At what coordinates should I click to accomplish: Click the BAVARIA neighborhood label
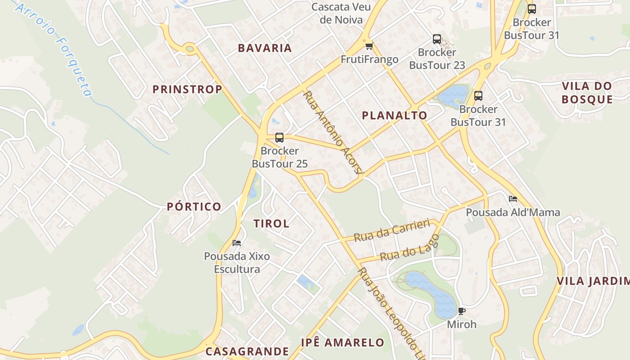click(x=265, y=48)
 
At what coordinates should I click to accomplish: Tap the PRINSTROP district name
click(x=187, y=89)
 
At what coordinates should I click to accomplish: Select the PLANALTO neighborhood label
click(x=394, y=115)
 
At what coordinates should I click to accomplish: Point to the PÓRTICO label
click(x=194, y=207)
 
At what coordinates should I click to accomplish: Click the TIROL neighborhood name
click(x=271, y=224)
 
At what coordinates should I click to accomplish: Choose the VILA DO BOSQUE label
click(x=587, y=93)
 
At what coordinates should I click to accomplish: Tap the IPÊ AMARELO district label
click(x=342, y=342)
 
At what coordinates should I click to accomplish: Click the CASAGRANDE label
click(x=247, y=351)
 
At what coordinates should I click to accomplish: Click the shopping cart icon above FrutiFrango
click(x=369, y=46)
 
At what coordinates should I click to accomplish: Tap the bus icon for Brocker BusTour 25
click(x=279, y=138)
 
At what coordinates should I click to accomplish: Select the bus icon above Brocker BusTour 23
click(x=436, y=39)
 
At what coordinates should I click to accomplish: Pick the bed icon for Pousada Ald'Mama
click(x=513, y=198)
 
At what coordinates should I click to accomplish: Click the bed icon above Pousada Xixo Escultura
click(x=237, y=243)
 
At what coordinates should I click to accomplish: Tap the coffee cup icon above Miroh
click(x=461, y=311)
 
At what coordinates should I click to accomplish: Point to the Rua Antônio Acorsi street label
click(x=333, y=132)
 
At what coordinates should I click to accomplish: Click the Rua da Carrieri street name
click(x=391, y=231)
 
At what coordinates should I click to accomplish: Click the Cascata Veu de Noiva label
click(x=341, y=13)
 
